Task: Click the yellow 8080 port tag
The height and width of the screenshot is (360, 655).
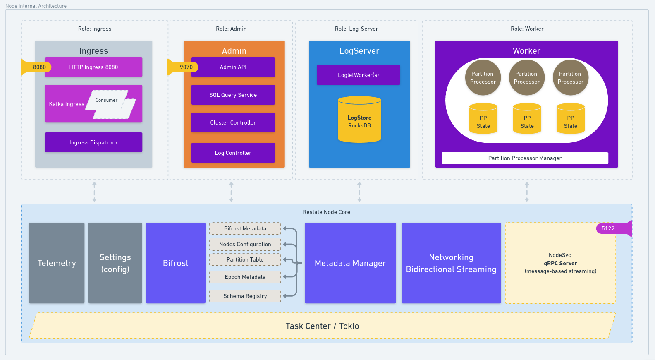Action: click(38, 67)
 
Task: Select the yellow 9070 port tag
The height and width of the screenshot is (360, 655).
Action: click(185, 67)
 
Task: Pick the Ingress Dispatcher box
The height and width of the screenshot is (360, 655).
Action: click(93, 142)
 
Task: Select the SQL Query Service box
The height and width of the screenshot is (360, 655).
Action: click(233, 95)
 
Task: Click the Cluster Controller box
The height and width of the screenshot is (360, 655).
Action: click(233, 122)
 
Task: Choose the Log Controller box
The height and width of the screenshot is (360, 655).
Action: click(233, 153)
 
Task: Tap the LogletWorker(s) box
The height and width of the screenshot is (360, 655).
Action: click(358, 75)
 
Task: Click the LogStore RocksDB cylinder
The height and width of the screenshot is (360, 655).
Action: click(359, 121)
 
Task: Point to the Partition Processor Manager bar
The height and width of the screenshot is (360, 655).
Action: click(524, 158)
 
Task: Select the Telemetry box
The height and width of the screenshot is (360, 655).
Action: click(57, 263)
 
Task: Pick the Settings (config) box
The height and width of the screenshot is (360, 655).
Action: click(115, 263)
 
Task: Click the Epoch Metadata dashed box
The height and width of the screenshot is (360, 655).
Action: click(245, 277)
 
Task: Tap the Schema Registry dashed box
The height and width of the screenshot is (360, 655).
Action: click(245, 296)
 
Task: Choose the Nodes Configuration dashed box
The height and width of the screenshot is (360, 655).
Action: click(245, 244)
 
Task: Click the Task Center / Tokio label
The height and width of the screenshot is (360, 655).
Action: click(322, 326)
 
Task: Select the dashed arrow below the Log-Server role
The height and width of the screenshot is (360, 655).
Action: click(359, 192)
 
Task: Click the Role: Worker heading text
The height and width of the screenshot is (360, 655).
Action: click(527, 29)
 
